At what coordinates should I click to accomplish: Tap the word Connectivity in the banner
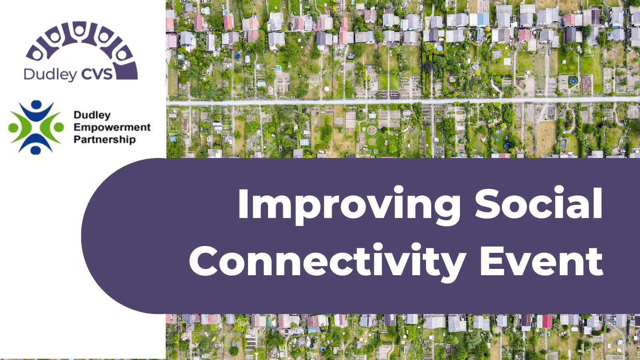327,261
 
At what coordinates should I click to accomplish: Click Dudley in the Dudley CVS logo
50,74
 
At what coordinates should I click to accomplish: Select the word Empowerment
112,128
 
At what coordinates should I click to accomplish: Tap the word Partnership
104,140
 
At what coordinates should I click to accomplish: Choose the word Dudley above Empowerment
92,115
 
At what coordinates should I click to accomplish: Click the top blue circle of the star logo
36,105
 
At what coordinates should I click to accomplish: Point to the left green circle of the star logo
13,128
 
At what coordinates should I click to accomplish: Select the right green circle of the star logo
59,127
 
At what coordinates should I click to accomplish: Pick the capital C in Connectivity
203,261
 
